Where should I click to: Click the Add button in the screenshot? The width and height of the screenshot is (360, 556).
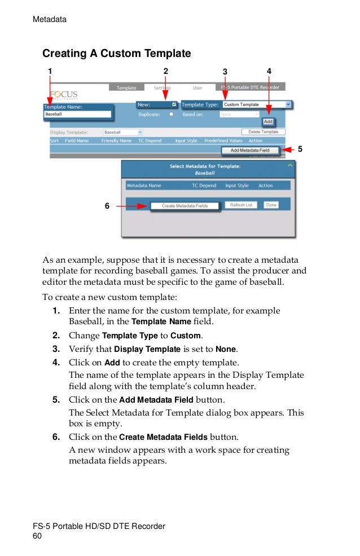point(268,122)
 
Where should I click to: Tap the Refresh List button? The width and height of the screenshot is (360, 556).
point(241,205)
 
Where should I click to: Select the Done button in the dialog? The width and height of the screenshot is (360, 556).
point(271,205)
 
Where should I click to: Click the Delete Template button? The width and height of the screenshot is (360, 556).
point(263,132)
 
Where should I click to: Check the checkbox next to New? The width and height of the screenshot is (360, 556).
point(174,104)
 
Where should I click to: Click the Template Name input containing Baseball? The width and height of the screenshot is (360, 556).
point(78,114)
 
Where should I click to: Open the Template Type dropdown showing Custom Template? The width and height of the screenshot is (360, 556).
point(257,104)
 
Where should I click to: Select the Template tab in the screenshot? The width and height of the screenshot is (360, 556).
point(126,88)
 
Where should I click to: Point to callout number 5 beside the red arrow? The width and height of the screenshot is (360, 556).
point(300,149)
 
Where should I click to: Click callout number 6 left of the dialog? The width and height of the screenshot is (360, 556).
point(107,206)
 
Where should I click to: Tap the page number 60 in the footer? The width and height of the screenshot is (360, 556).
point(38,536)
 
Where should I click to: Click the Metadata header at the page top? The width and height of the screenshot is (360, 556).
point(50,20)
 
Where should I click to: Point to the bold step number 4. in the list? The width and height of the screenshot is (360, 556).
point(56,363)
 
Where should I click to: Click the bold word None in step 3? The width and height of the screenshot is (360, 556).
point(228,349)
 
